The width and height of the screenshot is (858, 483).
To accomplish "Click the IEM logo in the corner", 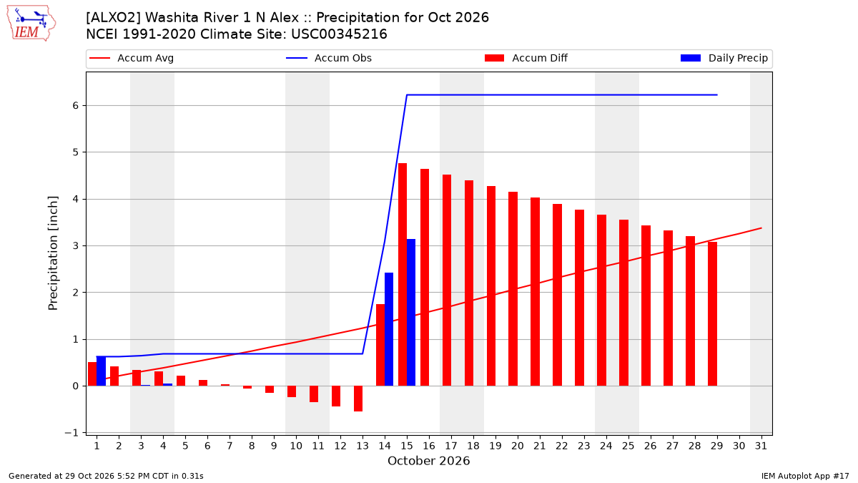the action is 31,24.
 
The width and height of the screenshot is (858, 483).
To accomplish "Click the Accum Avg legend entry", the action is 132,58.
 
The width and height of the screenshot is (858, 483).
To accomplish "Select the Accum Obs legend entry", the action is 329,58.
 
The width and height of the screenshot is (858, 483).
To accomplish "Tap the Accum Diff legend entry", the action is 526,58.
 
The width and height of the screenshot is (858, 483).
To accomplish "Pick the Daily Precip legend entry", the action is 724,58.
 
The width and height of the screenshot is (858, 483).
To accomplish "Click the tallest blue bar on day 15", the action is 411,313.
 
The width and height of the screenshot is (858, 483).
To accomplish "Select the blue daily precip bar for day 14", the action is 389,329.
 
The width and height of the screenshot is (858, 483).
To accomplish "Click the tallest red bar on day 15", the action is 402,275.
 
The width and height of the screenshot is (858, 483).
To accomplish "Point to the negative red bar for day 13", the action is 358,399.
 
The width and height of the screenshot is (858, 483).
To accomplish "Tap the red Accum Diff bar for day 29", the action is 712,314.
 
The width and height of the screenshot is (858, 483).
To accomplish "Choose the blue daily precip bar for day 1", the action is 101,371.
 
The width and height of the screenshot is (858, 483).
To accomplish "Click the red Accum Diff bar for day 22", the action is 557,295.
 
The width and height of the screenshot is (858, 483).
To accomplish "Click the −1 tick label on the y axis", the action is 71,433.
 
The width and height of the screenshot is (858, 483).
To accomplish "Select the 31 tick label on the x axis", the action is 761,446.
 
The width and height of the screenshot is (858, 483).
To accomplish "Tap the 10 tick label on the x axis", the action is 296,446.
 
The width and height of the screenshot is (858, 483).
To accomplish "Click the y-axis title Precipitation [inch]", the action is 53,253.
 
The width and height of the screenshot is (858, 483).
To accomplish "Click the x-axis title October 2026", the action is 428,461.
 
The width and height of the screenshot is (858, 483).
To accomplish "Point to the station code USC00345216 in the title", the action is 339,34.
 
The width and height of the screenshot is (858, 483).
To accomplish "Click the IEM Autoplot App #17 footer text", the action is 805,476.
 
